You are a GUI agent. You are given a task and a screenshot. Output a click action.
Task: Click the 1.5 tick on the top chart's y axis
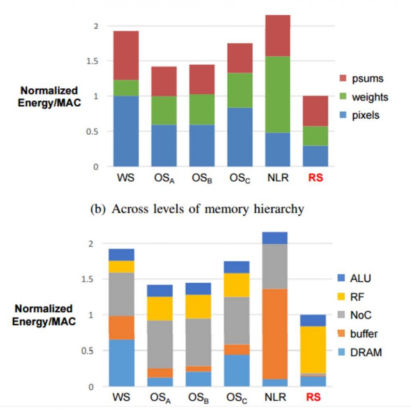pos(94,61)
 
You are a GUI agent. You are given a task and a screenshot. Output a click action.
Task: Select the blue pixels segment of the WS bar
pos(126,131)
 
